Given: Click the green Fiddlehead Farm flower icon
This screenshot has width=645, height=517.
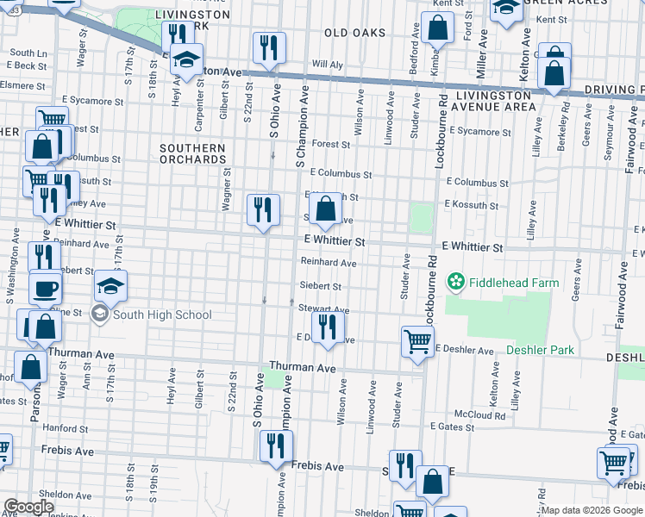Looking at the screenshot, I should click(455, 283).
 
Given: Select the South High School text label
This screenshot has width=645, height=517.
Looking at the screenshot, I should click(162, 315).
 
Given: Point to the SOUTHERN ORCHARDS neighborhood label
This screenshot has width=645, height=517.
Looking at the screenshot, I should click(192, 154).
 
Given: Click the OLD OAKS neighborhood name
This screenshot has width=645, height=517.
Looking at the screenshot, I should click(355, 33).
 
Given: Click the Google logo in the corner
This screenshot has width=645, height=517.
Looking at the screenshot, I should click(28, 507).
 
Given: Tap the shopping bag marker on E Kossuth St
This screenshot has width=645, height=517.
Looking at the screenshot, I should click(326, 208).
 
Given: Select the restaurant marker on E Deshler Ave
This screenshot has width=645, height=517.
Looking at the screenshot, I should click(327, 327).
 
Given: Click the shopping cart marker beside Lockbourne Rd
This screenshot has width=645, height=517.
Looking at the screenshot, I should click(418, 340).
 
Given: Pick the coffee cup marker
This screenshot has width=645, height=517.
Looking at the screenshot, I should click(45, 287).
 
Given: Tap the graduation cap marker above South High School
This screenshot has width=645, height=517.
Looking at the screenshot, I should click(110, 285).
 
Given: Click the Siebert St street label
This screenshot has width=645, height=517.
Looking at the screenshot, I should click(320, 286).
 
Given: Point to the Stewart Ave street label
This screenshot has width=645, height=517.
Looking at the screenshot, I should click(323, 308).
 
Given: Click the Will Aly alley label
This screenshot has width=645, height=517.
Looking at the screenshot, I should click(327, 65).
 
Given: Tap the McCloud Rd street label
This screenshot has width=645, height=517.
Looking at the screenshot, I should click(481, 415).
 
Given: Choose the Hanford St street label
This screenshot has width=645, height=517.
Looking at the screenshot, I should click(59, 427).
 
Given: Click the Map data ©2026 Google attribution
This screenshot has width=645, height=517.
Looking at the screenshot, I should click(591, 510).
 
